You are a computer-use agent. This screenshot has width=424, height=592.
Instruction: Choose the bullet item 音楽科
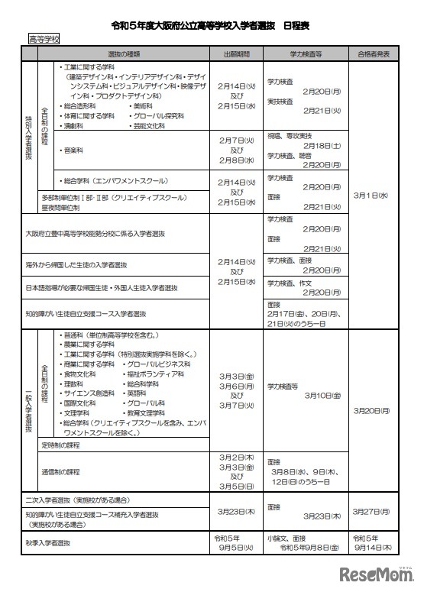[76, 151]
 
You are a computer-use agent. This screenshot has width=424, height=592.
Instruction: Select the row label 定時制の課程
[61, 444]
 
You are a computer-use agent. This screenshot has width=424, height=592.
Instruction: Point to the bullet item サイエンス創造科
[89, 393]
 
